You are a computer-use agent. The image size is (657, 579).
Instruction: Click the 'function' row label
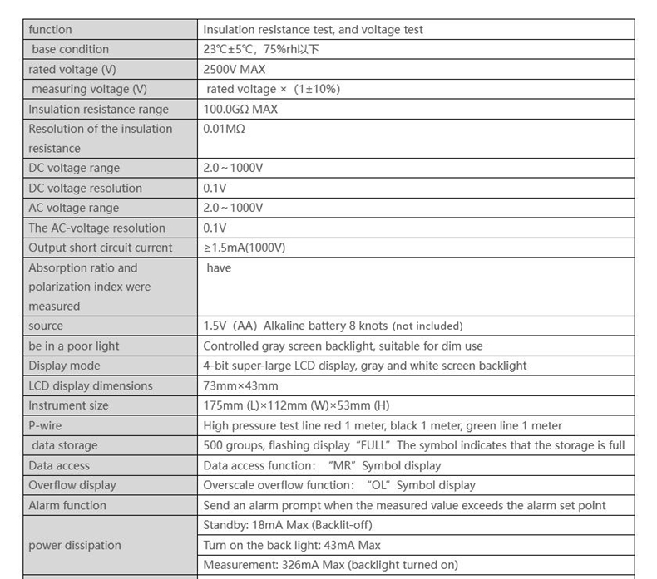pos(50,30)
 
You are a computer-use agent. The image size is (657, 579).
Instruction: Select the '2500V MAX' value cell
pos(234,70)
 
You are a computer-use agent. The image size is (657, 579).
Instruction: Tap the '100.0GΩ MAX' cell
pos(240,109)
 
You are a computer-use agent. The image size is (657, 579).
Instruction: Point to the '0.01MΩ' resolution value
pos(224,129)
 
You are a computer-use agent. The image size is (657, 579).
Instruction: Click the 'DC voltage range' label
pos(74,169)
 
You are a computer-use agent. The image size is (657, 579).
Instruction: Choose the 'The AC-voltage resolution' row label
pos(96,228)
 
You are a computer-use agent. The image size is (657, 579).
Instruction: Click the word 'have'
pos(219,267)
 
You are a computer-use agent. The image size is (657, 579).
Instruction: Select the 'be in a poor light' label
pos(74,346)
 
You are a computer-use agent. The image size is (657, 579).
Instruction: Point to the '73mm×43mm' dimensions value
pos(240,385)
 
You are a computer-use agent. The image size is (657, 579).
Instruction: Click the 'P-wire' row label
pos(46,425)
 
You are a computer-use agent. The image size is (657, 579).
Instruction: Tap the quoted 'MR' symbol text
pos(343,465)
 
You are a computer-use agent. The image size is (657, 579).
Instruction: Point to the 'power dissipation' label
pos(75,545)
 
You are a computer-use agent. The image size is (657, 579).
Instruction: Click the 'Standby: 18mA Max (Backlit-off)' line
pos(287,525)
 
